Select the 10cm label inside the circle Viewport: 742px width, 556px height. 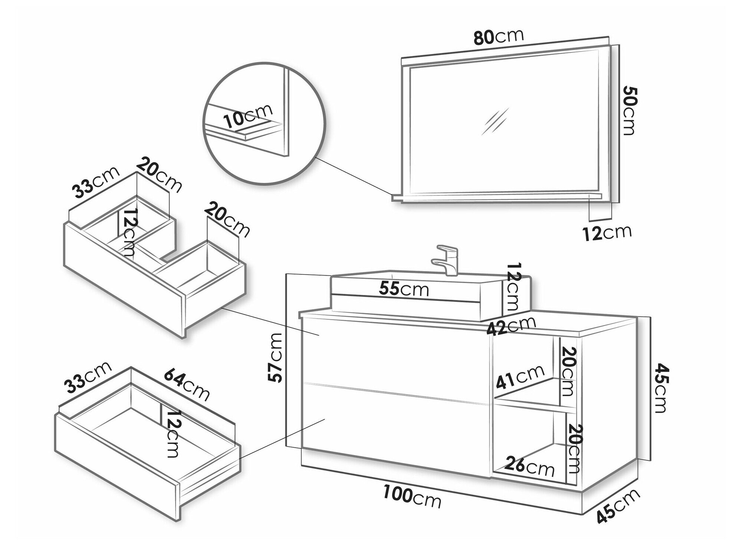click(248, 116)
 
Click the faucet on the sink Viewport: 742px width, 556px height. click(448, 260)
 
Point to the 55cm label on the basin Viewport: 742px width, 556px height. click(404, 289)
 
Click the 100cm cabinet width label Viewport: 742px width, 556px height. click(412, 497)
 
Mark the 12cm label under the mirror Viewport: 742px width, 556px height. click(607, 233)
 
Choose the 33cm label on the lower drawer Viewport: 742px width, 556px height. click(88, 377)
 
